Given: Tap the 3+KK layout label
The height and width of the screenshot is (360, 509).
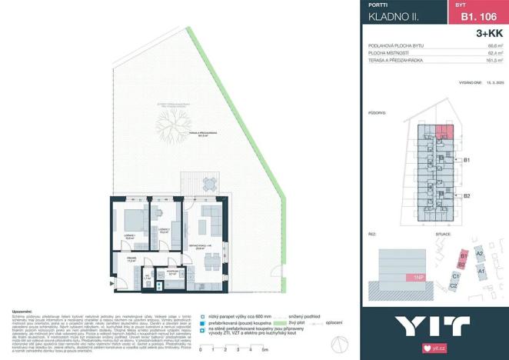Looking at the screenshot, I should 489,34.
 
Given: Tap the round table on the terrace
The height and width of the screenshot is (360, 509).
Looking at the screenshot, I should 209,183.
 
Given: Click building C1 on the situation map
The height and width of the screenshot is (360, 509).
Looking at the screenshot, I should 455,275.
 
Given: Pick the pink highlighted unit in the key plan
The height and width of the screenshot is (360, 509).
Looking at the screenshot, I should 445,132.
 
